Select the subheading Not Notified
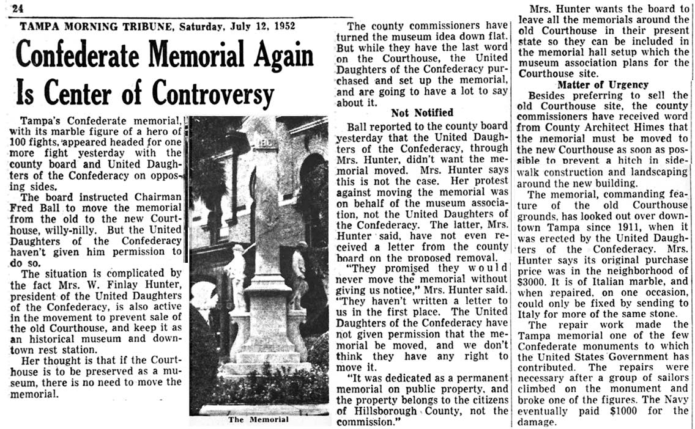point(422,112)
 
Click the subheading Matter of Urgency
point(603,84)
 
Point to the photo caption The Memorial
point(258,419)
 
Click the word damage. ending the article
point(536,422)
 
